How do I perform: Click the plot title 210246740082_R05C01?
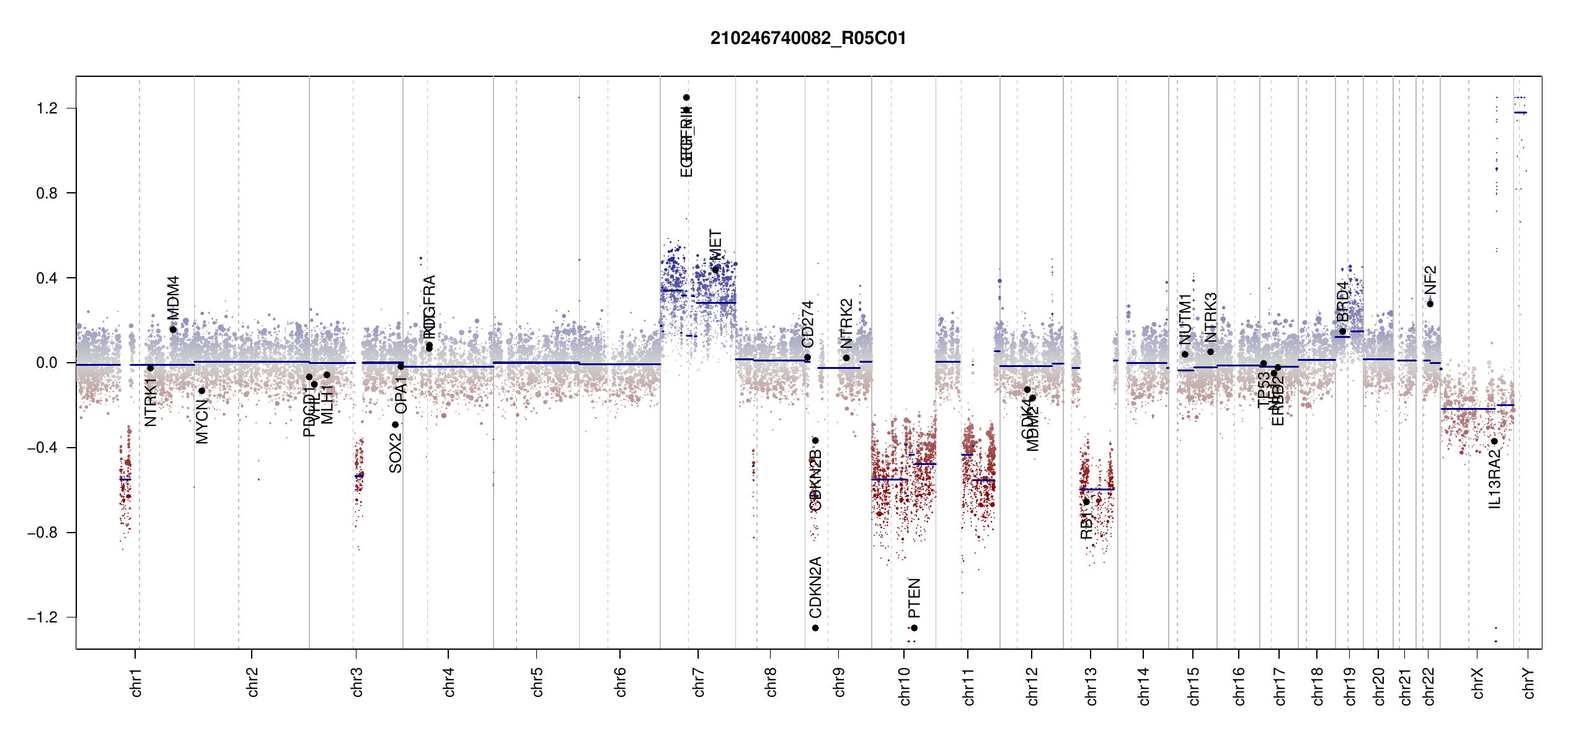[x=808, y=38]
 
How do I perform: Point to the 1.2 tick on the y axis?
[x=47, y=108]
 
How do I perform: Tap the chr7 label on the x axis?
[x=699, y=682]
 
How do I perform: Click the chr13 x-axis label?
[x=1091, y=686]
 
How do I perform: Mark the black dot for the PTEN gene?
[x=914, y=628]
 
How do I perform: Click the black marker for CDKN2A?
[x=815, y=628]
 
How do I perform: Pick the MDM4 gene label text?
[x=173, y=298]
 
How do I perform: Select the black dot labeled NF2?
[x=1430, y=304]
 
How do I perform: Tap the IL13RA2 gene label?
[x=1495, y=479]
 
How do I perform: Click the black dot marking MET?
[x=715, y=270]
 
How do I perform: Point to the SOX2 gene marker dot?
[x=395, y=425]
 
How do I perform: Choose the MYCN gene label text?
[x=202, y=422]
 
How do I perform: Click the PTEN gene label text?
[x=914, y=598]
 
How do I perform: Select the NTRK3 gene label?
[x=1210, y=317]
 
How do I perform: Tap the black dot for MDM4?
[x=173, y=330]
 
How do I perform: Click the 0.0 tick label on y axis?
[x=47, y=363]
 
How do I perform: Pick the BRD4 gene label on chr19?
[x=1342, y=301]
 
